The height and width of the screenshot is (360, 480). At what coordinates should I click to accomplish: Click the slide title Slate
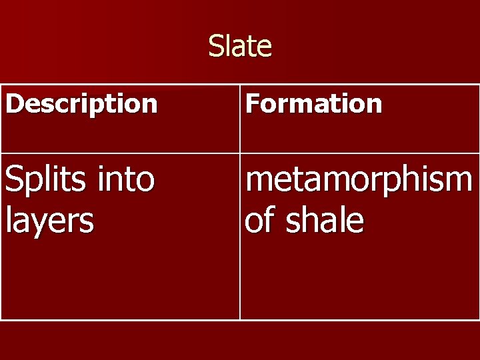[240, 47]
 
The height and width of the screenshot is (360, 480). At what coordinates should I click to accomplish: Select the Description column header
[81, 104]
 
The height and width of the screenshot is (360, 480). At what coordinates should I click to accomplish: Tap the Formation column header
[313, 104]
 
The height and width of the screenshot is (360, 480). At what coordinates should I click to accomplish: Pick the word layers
[49, 221]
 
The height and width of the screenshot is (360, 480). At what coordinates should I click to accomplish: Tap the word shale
[325, 220]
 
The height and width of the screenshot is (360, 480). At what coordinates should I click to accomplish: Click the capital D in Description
[13, 104]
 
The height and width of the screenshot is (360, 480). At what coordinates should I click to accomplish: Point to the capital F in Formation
[252, 104]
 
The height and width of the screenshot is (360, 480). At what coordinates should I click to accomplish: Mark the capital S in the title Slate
[216, 47]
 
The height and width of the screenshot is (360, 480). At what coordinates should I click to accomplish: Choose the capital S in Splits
[14, 179]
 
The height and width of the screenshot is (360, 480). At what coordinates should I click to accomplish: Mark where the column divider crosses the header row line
[239, 153]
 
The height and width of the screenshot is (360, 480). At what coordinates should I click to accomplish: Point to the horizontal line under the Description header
[120, 153]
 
